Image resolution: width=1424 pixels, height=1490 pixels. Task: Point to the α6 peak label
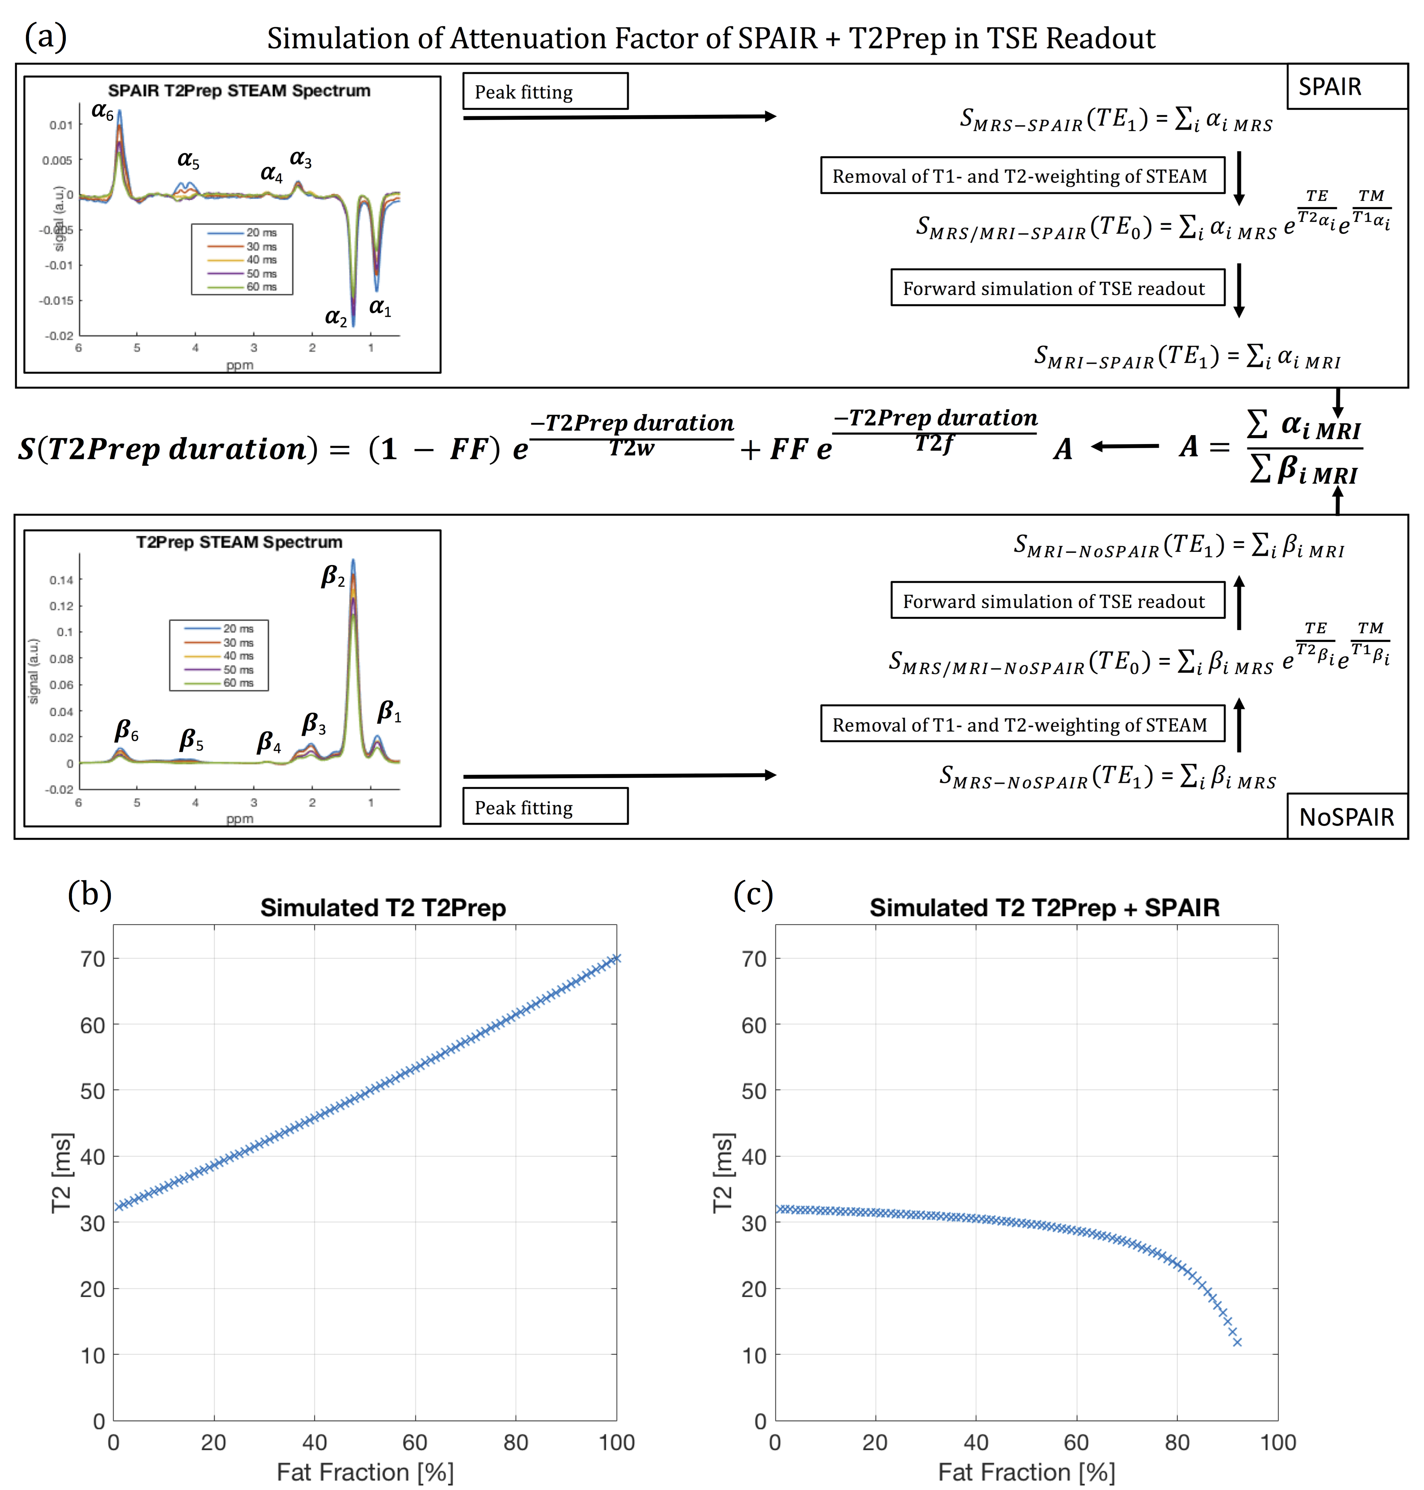click(103, 112)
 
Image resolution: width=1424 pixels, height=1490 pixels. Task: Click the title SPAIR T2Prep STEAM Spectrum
click(239, 90)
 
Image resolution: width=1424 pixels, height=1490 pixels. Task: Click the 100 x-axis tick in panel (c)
click(1277, 1442)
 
